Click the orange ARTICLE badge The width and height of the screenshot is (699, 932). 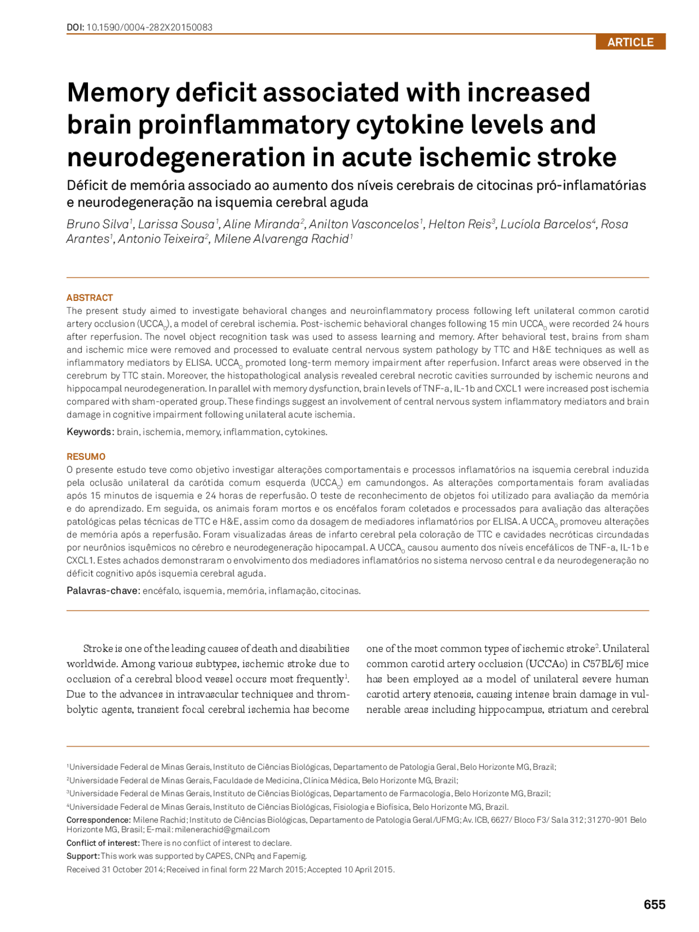click(630, 42)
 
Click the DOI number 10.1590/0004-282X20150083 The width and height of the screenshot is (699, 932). click(149, 27)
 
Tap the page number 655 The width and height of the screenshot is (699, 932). click(654, 905)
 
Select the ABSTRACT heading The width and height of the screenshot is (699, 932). click(90, 298)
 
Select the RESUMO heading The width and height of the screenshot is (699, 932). click(86, 456)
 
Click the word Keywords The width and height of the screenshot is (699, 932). click(90, 432)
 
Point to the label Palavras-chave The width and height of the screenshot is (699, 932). click(103, 591)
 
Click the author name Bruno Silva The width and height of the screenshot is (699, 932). click(97, 224)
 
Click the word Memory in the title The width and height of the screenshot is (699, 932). click(118, 93)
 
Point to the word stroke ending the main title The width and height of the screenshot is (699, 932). click(576, 157)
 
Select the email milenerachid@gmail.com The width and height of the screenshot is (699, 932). click(222, 830)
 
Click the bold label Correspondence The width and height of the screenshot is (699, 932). click(98, 820)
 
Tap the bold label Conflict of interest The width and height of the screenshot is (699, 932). click(103, 843)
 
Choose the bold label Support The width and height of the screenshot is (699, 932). click(82, 856)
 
